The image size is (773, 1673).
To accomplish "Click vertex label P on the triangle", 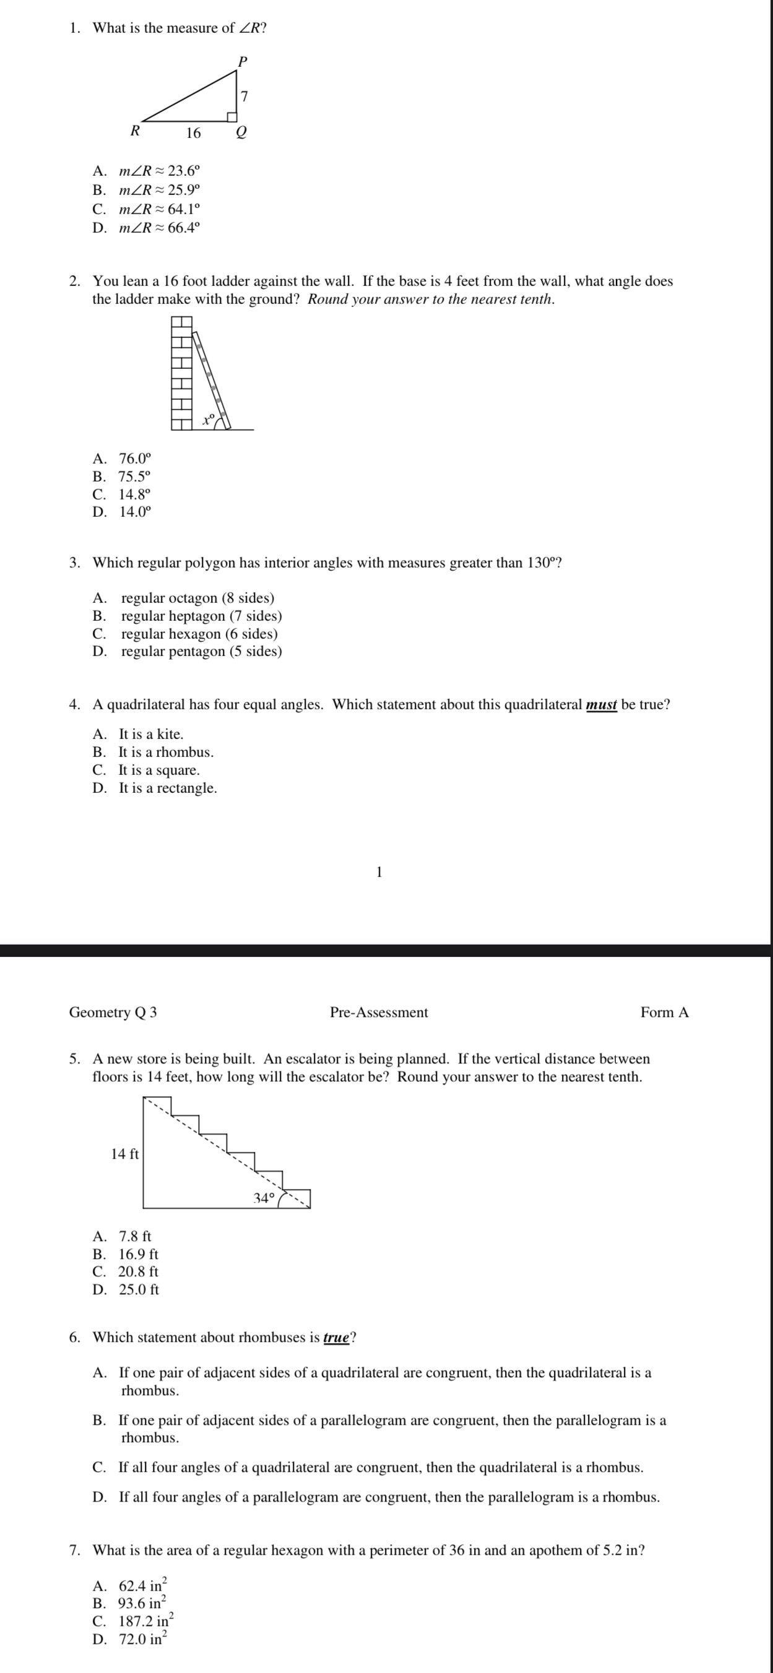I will [x=243, y=62].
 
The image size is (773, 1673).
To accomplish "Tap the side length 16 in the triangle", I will [x=194, y=134].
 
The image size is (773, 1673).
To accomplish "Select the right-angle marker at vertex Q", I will [x=231, y=116].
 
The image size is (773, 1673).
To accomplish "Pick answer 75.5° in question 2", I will [x=134, y=476].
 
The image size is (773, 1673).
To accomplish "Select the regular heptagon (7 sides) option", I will [x=201, y=616].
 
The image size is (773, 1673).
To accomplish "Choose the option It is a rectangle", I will [x=168, y=789].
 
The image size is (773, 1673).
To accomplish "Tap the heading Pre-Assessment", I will [x=379, y=1013].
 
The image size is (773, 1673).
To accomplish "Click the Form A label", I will [x=664, y=1013].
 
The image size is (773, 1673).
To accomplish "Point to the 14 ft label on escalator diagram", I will [x=125, y=1154].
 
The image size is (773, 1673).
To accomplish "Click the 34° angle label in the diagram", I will [x=264, y=1198].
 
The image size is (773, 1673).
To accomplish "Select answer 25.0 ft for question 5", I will [x=139, y=1290].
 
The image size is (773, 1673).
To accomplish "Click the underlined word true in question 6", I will [x=337, y=1338].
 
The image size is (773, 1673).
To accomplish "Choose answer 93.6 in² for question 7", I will [x=142, y=1603].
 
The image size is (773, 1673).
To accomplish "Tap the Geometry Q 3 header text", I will [x=113, y=1013].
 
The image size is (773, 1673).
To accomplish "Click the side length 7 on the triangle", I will [x=244, y=97].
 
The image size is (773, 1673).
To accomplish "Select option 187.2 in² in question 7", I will [x=145, y=1621].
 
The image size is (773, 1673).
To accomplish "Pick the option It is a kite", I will [x=151, y=735].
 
